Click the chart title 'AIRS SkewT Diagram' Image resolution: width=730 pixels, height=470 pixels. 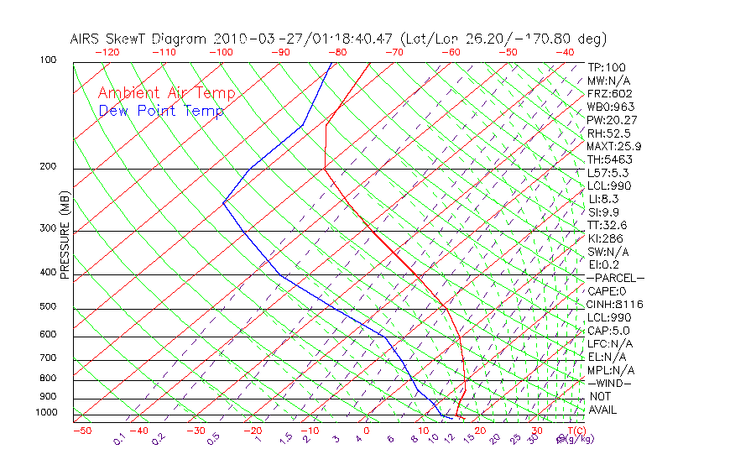tap(139, 39)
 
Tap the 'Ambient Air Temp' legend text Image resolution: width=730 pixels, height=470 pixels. tap(166, 93)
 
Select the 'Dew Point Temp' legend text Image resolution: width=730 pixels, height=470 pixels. tap(161, 111)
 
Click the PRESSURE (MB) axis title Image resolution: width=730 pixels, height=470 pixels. tap(65, 235)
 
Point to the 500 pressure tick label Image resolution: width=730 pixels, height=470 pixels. tap(48, 306)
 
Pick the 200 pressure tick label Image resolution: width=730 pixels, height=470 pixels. tap(48, 166)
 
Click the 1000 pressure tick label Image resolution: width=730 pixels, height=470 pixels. tap(46, 413)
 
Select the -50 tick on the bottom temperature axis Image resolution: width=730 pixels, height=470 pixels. tap(81, 431)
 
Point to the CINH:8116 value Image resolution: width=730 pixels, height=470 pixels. tap(614, 304)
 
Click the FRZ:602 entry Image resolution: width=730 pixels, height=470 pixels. tap(609, 93)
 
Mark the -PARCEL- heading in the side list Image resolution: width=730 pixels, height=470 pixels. tap(615, 278)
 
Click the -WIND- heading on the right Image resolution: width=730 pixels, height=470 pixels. tap(610, 383)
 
